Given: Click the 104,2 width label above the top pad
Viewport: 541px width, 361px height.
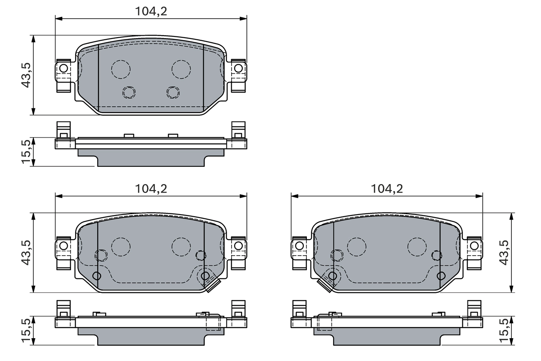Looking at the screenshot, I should (x=151, y=11).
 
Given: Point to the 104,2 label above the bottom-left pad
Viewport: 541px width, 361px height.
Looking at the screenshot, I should (x=151, y=189).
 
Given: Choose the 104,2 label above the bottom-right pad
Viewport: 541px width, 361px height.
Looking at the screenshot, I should (x=387, y=189).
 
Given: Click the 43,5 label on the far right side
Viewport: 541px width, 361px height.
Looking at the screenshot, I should (x=504, y=253).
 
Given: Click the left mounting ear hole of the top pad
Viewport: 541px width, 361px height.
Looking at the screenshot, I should (x=63, y=68).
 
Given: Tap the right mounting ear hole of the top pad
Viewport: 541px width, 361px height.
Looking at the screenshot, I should (x=238, y=68).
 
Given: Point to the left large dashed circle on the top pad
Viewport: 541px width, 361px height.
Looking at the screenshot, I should (x=121, y=69).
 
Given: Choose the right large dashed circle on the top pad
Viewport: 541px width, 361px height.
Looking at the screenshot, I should (x=181, y=69).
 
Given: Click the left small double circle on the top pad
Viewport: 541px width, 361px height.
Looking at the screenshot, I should (x=128, y=92).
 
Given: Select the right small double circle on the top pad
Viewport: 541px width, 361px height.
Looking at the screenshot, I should (x=173, y=92).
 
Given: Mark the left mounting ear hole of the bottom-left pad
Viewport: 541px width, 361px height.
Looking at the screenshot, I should (x=63, y=245).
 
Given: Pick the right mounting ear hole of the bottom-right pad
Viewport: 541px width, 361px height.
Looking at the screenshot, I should (x=474, y=245).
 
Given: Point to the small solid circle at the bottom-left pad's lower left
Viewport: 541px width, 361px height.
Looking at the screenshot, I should (x=97, y=276).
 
